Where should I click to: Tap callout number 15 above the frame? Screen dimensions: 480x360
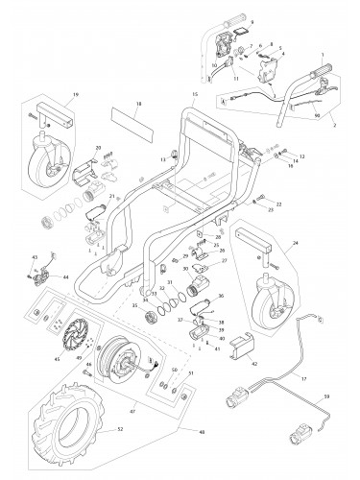tap(193, 93)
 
